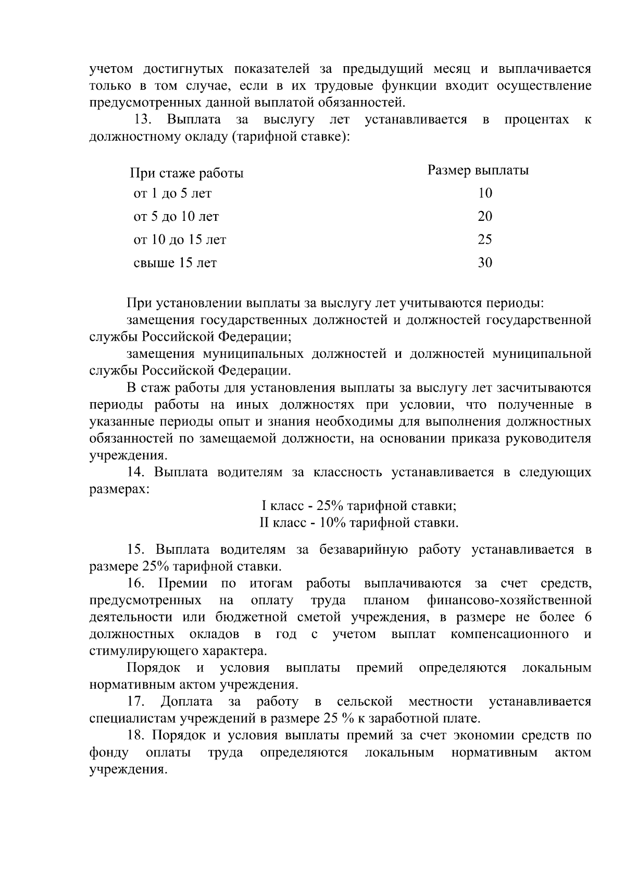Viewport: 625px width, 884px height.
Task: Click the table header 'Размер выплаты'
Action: click(478, 170)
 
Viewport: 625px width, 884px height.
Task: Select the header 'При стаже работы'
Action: click(186, 173)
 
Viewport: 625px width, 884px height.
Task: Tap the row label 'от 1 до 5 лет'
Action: click(172, 194)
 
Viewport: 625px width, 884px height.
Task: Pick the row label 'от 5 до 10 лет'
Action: click(176, 217)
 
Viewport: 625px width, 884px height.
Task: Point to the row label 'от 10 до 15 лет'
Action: click(180, 240)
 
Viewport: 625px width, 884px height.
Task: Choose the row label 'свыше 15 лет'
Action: click(175, 263)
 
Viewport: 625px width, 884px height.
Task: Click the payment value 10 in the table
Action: click(485, 193)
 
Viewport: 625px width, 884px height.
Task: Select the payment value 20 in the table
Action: click(485, 217)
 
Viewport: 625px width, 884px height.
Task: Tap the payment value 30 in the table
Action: click(485, 263)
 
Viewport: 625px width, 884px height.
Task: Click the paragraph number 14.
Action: click(136, 472)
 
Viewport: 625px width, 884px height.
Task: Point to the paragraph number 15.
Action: click(137, 550)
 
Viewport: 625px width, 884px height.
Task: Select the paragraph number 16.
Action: click(137, 583)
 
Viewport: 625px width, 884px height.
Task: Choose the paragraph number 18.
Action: click(137, 736)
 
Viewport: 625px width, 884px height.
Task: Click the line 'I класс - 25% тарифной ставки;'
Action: click(359, 506)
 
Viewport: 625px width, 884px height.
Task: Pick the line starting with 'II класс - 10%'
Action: click(359, 522)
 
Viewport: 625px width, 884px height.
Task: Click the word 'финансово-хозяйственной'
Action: click(509, 600)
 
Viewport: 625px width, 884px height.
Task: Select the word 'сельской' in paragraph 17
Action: click(365, 702)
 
